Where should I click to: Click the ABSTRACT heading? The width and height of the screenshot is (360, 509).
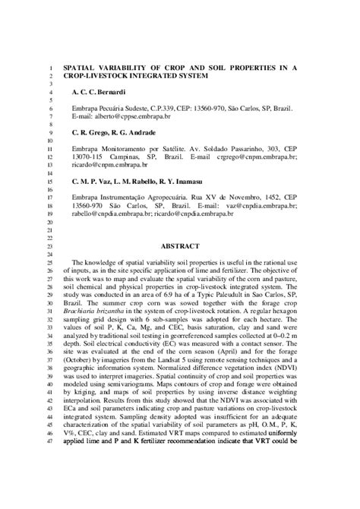tap(181, 246)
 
